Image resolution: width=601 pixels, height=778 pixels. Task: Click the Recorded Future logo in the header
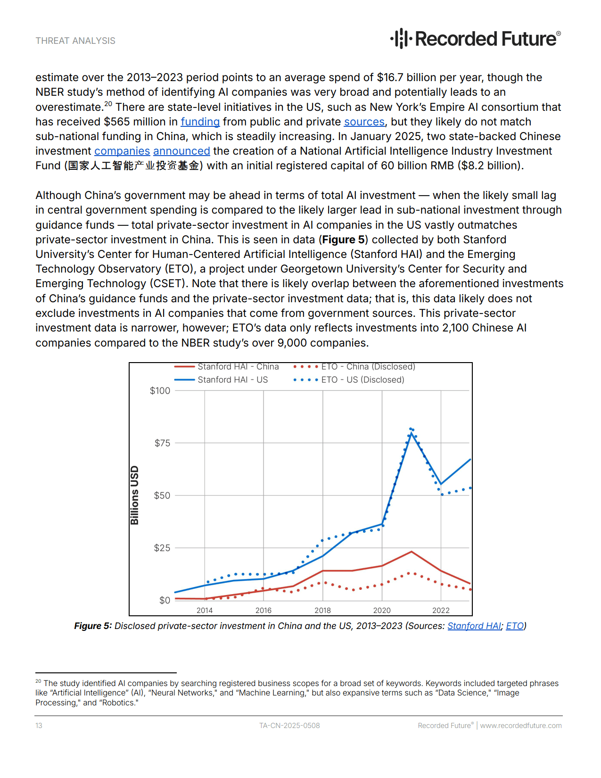475,39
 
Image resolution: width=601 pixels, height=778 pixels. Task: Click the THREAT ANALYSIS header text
75,41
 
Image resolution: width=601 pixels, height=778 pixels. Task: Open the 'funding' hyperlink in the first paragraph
200,122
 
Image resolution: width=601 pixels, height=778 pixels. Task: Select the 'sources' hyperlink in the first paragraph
364,122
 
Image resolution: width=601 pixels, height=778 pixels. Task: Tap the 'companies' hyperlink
122,151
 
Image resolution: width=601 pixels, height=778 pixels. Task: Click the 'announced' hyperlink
181,151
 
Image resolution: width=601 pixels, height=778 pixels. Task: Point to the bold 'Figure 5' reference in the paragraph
343,240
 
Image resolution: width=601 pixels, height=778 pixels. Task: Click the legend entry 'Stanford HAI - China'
238,367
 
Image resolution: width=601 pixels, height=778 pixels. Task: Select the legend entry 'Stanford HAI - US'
232,380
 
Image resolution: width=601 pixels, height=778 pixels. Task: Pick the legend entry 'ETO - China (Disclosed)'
368,367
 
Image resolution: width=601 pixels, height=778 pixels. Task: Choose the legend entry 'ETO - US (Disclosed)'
362,380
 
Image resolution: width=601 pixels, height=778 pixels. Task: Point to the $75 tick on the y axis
162,443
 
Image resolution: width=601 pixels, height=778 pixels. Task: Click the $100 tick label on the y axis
160,391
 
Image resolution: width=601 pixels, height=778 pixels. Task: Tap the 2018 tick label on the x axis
322,611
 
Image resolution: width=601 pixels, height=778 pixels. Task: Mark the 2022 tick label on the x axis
441,611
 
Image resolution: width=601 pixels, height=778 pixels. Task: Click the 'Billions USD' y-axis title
135,495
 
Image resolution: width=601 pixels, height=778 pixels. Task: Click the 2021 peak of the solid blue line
412,433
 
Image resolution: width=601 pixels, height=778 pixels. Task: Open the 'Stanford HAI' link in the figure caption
474,626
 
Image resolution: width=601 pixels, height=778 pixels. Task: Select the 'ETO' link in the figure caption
515,626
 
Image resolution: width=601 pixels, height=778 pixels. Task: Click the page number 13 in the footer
39,726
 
